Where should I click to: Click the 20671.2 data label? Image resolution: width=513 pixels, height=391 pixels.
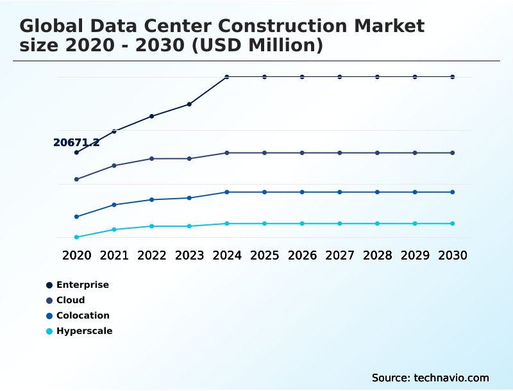(76, 142)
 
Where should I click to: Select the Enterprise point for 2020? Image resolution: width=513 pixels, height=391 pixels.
(76, 153)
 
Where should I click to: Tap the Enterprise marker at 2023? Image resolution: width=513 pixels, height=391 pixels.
(189, 104)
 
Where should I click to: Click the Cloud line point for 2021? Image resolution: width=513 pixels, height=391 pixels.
(114, 165)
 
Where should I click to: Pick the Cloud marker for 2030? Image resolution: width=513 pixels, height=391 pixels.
(453, 153)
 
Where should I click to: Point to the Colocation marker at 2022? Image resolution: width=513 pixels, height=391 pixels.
(152, 200)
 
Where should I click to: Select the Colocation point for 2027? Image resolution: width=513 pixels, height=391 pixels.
(340, 192)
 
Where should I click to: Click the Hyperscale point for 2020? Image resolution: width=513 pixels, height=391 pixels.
(76, 237)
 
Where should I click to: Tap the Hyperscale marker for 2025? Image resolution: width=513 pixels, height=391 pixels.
(264, 224)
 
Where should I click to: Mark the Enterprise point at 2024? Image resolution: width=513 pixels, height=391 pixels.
(227, 77)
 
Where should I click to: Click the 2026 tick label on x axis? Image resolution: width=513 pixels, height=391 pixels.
(302, 255)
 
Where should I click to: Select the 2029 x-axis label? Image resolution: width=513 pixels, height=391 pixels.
(415, 255)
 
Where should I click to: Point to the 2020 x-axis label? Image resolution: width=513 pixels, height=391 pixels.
(76, 255)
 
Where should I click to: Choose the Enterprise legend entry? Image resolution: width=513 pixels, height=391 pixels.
(82, 285)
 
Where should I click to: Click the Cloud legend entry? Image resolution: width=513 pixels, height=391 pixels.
(71, 300)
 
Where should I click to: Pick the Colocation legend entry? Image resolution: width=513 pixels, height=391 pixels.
(83, 315)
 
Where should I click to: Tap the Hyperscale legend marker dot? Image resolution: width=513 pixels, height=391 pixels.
(49, 331)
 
